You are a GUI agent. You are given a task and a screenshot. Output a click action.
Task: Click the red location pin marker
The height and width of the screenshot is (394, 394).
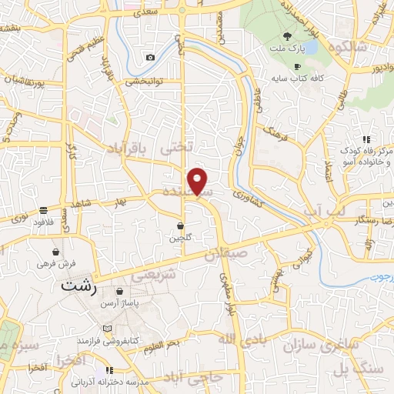click(199, 182)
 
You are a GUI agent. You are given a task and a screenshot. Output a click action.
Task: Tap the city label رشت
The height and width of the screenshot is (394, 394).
click(81, 285)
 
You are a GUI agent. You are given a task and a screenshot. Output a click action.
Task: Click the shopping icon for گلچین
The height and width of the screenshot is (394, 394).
click(180, 226)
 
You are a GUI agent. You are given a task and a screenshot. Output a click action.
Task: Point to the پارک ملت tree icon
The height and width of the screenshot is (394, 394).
click(287, 36)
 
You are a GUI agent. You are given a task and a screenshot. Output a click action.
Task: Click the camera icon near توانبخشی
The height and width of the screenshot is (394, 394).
click(151, 57)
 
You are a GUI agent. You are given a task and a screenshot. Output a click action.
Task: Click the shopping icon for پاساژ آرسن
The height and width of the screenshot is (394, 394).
click(120, 292)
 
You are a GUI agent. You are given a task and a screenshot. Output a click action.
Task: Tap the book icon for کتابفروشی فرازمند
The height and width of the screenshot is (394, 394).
click(107, 328)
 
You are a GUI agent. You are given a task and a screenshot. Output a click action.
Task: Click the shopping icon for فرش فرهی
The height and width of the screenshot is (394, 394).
click(55, 252)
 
